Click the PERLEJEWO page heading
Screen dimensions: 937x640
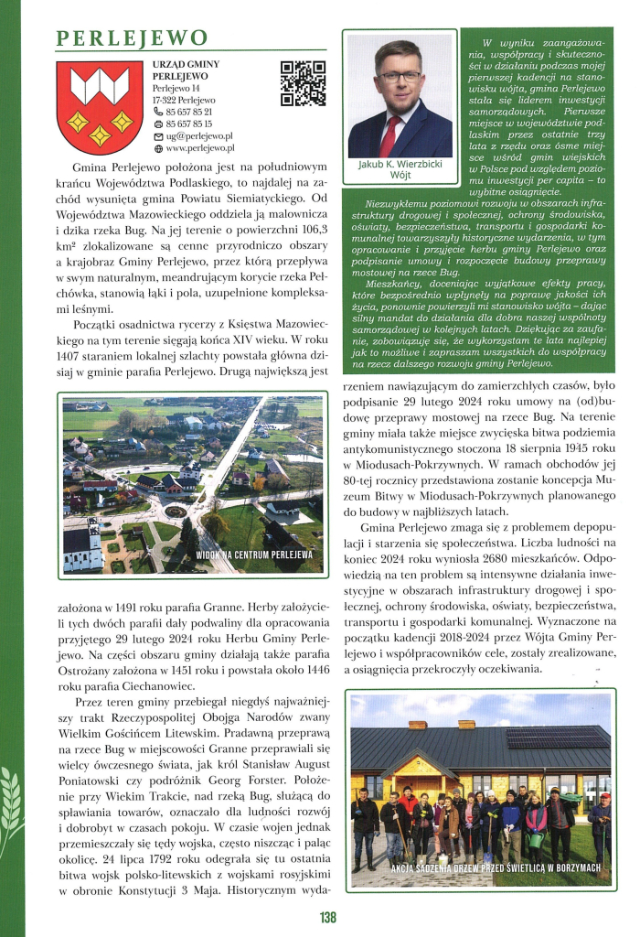click(133, 38)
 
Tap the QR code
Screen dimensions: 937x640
click(303, 83)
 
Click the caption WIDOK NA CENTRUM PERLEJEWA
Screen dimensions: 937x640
click(253, 555)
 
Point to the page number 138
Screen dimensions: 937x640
click(328, 918)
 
